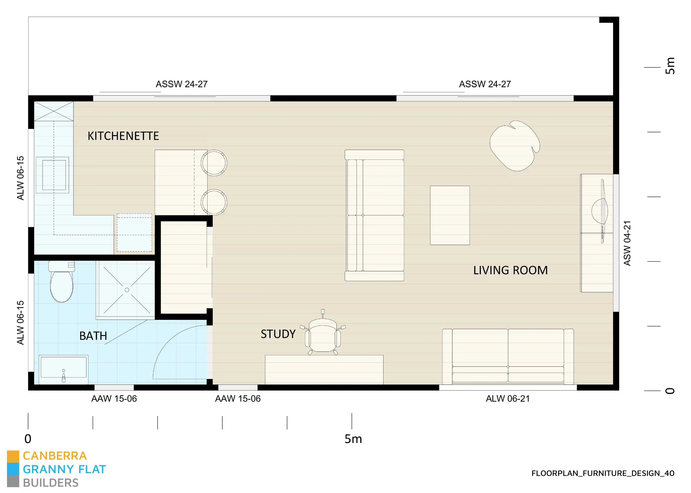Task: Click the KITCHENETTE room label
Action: (123, 136)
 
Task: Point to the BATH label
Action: (93, 336)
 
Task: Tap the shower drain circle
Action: (127, 290)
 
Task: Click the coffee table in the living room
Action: (450, 215)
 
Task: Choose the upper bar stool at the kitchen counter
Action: (214, 163)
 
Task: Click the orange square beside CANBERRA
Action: (13, 456)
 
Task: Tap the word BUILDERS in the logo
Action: (51, 483)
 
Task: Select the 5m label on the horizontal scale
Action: (353, 439)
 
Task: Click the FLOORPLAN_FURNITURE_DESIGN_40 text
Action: (603, 473)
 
